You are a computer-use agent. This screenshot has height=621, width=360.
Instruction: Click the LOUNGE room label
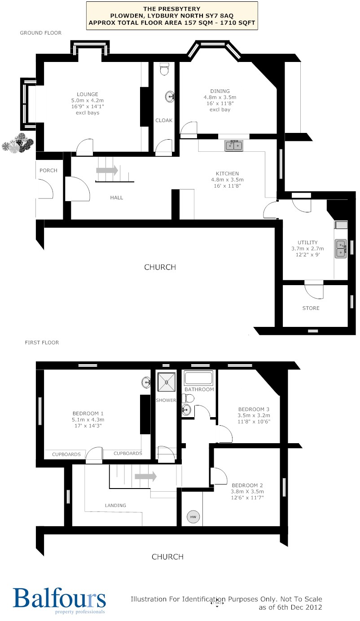tap(87, 94)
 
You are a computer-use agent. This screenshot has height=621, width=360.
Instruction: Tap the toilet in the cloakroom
tap(164, 69)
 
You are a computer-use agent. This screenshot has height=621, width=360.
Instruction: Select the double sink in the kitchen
tap(234, 145)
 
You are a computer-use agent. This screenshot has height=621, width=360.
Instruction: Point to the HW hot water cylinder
tap(193, 517)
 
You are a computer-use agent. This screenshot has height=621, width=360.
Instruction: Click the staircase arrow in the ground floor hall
tap(107, 170)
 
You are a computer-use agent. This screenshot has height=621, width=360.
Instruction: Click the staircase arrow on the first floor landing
tap(145, 476)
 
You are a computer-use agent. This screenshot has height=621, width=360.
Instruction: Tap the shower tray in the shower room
tap(167, 382)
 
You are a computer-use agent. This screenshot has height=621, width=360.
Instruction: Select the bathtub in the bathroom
tap(199, 378)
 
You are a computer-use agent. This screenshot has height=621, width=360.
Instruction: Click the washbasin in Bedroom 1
tap(146, 383)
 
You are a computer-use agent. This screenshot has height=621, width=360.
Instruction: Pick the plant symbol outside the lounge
tap(18, 143)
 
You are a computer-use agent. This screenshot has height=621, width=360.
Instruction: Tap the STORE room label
tap(311, 308)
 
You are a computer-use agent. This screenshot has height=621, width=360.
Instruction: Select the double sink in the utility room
tap(341, 249)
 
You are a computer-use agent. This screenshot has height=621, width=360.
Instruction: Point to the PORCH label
tap(48, 170)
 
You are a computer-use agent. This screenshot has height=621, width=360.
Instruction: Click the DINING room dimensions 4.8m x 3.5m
tap(220, 97)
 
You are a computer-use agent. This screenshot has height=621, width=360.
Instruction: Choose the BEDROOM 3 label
tap(254, 409)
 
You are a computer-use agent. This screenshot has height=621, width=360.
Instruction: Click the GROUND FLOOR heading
tap(41, 33)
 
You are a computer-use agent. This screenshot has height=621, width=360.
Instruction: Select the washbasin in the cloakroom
tap(170, 97)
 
